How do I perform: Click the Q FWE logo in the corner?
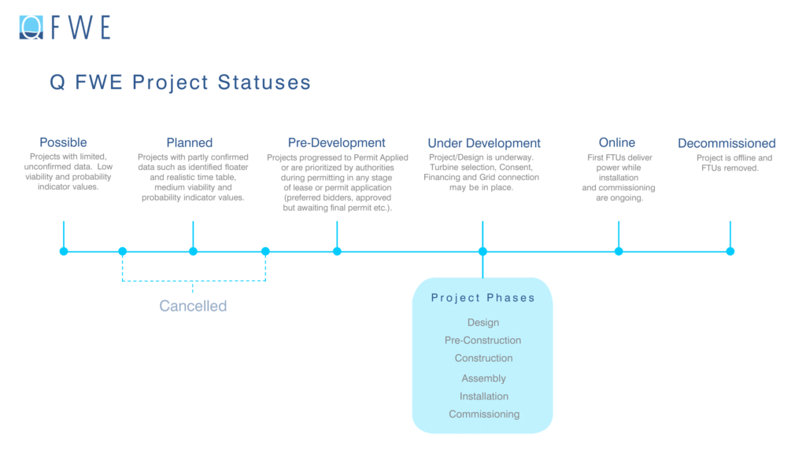click(x=65, y=27)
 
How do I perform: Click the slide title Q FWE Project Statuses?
click(x=180, y=83)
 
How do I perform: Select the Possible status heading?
click(x=63, y=142)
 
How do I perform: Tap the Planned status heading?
click(x=189, y=142)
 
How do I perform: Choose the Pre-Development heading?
click(x=336, y=142)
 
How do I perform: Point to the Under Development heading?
click(x=484, y=143)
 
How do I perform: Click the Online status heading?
click(x=617, y=142)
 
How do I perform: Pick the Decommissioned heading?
click(x=727, y=143)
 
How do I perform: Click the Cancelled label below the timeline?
click(x=193, y=306)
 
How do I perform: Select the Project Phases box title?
click(x=482, y=298)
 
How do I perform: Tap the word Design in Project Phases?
click(x=482, y=322)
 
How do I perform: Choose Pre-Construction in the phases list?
click(x=482, y=341)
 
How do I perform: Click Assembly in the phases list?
click(x=483, y=378)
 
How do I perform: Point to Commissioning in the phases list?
click(x=484, y=414)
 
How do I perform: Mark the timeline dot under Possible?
click(x=64, y=252)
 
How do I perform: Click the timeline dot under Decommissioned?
click(x=730, y=252)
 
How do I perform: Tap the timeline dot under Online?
click(x=619, y=252)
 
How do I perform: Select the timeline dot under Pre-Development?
click(x=337, y=252)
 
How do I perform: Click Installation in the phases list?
click(x=484, y=396)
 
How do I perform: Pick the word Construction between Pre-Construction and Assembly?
click(x=483, y=359)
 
